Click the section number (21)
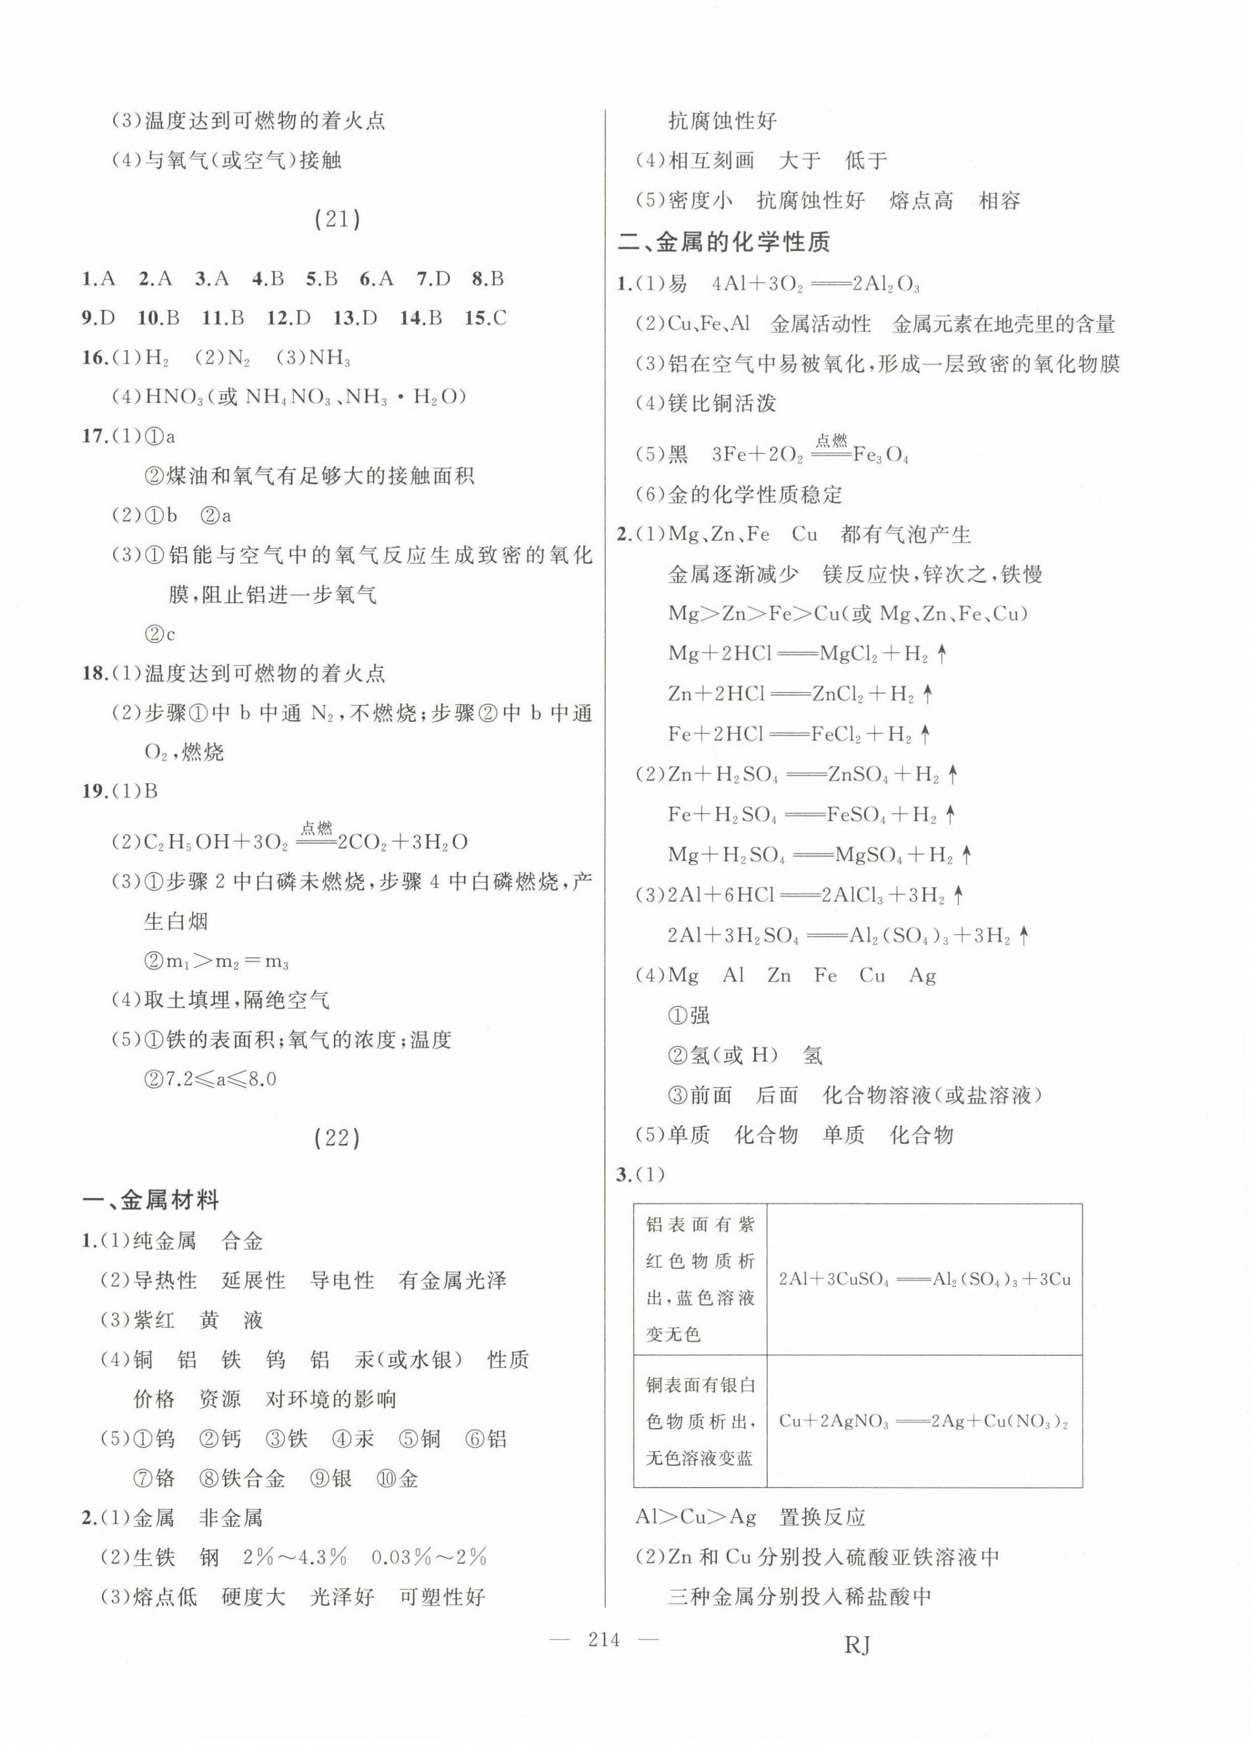coord(337,220)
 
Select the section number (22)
coord(337,1137)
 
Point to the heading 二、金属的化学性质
coord(724,243)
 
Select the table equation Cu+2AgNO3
coord(923,1421)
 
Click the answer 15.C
coord(485,318)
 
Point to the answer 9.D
coord(98,318)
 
